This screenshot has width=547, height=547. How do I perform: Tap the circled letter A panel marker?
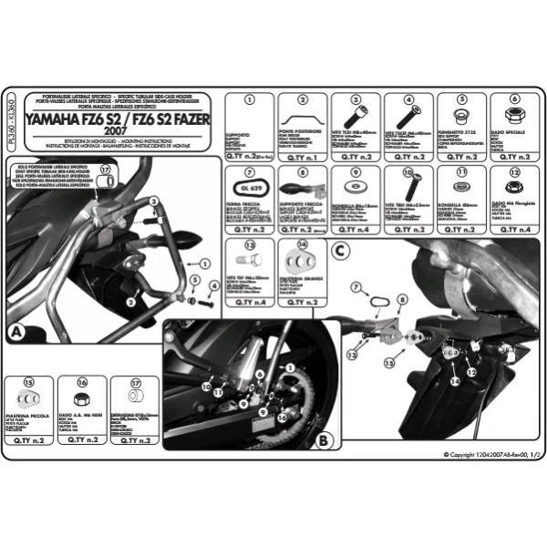[17, 333]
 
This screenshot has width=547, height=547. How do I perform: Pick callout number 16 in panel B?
[283, 417]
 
